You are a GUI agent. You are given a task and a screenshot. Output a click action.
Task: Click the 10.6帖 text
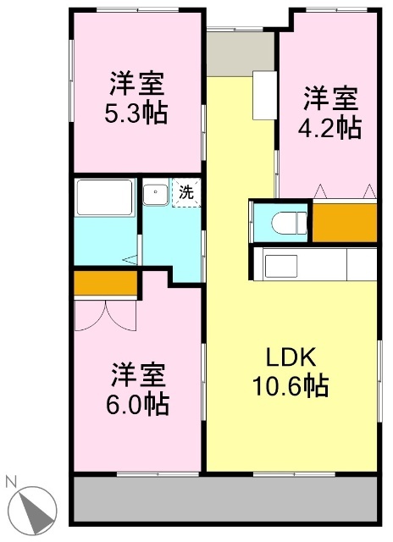[x=291, y=386]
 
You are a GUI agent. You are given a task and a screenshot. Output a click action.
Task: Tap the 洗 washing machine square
[x=186, y=191]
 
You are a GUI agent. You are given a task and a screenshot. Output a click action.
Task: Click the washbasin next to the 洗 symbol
[x=155, y=194]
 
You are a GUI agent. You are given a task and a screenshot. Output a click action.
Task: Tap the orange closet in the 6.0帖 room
[x=106, y=283]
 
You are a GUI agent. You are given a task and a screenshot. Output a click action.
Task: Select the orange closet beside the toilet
[x=345, y=222]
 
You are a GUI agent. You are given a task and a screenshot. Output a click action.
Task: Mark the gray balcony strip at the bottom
[x=224, y=497]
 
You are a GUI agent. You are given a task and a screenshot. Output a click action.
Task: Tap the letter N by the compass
[x=11, y=482]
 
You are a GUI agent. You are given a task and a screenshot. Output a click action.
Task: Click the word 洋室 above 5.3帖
[x=136, y=85]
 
